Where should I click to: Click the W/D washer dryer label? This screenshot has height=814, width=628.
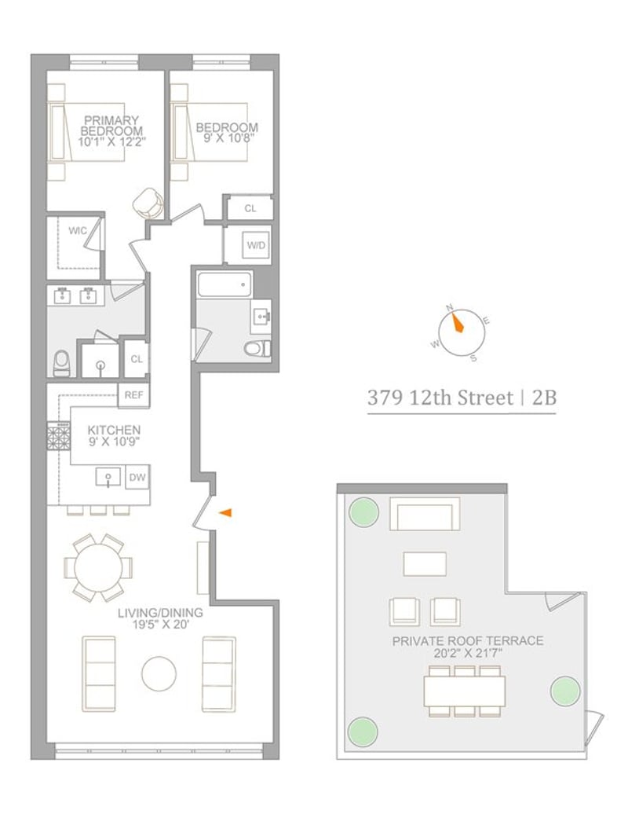tap(256, 245)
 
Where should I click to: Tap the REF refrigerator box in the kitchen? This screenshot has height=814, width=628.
tap(133, 395)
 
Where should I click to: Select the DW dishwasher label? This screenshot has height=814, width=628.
tap(137, 477)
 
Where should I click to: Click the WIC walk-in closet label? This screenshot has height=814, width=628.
tap(77, 230)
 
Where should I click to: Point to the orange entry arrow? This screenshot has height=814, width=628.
tap(225, 513)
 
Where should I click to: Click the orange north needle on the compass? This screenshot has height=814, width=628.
tap(455, 322)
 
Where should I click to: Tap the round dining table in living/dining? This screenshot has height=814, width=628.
tap(98, 567)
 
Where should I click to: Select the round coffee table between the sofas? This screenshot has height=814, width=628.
tap(159, 674)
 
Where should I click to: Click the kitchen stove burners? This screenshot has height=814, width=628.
tap(59, 436)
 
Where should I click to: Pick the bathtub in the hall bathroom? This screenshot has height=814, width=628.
tap(225, 284)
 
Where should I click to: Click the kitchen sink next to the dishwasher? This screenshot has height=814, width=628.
tap(108, 477)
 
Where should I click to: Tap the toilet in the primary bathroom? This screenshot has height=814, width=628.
tap(61, 363)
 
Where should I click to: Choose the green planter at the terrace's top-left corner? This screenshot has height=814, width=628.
tap(363, 512)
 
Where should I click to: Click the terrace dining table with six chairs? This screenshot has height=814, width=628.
tap(465, 691)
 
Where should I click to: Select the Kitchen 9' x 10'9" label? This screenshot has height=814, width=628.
tap(114, 436)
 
